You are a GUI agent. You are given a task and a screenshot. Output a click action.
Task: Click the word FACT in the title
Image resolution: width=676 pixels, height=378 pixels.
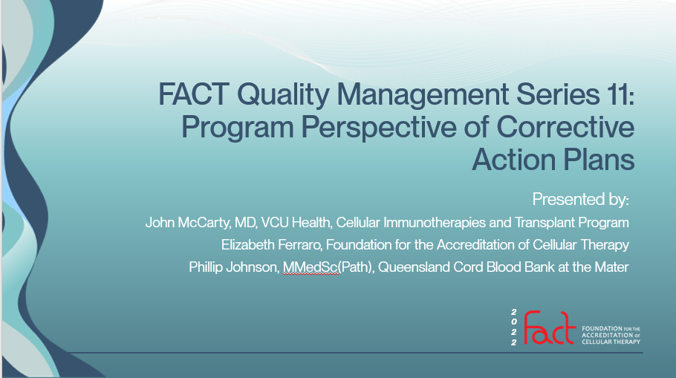tap(194, 94)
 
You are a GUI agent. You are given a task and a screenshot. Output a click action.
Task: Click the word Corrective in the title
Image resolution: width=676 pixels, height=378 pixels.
tap(565, 127)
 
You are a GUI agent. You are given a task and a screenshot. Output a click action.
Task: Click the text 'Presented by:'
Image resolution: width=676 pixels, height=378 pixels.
tap(580, 199)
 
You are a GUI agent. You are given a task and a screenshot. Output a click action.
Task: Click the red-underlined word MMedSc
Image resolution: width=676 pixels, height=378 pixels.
tap(310, 267)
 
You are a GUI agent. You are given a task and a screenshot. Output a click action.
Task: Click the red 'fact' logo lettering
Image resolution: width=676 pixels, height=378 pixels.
tap(550, 328)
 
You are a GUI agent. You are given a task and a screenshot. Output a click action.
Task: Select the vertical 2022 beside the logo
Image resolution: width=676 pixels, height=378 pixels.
tap(513, 328)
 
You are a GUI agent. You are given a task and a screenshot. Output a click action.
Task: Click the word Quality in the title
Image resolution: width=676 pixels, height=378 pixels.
tap(283, 95)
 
